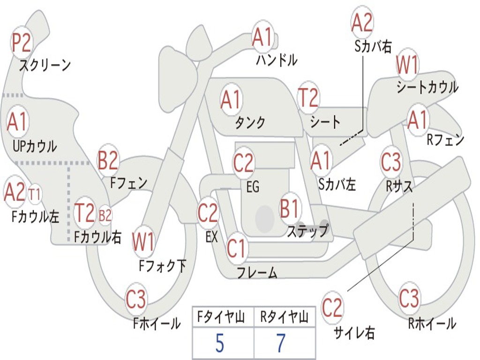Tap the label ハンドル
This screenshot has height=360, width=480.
pyautogui.click(x=277, y=60)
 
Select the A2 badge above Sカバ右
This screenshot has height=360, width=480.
pyautogui.click(x=362, y=22)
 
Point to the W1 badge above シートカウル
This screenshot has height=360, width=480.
pyautogui.click(x=407, y=65)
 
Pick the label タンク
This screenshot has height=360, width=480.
pyautogui.click(x=250, y=122)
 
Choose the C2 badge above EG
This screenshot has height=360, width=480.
pyautogui.click(x=243, y=163)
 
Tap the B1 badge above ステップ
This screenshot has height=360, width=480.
pyautogui.click(x=289, y=209)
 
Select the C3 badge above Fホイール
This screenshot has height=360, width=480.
pyautogui.click(x=136, y=299)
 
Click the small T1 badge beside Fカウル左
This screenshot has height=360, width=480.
pyautogui.click(x=34, y=195)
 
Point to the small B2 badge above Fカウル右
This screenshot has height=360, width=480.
pyautogui.click(x=105, y=215)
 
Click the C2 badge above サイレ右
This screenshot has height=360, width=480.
pyautogui.click(x=332, y=307)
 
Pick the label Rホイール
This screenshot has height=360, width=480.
pyautogui.click(x=432, y=323)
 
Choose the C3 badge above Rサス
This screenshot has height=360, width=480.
pyautogui.click(x=391, y=161)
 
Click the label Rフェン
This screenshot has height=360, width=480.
pyautogui.click(x=445, y=140)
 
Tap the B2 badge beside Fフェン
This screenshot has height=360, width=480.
pyautogui.click(x=108, y=160)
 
